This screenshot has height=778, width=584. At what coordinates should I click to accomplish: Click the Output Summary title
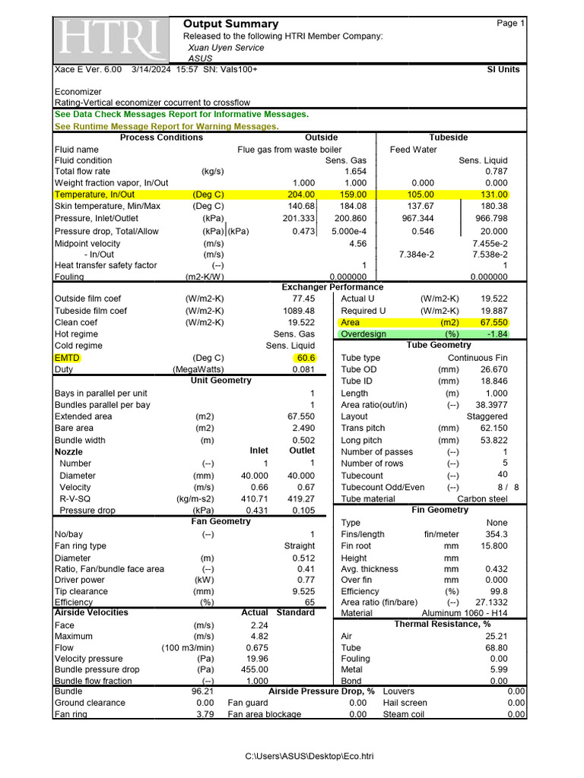click(x=230, y=24)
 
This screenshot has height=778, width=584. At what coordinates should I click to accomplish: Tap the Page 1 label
click(x=510, y=24)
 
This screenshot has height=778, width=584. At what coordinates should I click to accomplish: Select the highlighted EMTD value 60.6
click(x=304, y=357)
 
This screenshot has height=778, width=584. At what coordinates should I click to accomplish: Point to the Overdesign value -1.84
click(x=497, y=334)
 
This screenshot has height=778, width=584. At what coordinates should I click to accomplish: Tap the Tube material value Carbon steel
click(x=482, y=498)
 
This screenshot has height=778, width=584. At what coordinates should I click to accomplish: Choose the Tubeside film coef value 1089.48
click(x=297, y=311)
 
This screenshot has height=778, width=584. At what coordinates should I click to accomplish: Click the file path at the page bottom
click(x=309, y=756)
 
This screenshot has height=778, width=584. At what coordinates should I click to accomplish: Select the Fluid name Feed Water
click(x=413, y=150)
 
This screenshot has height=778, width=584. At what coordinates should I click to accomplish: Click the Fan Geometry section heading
click(x=221, y=521)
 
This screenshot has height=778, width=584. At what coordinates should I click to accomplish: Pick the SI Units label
click(x=503, y=69)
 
